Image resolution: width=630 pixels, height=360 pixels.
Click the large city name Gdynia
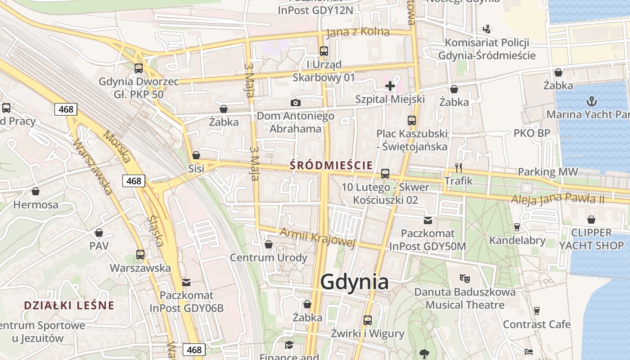click(x=355, y=282)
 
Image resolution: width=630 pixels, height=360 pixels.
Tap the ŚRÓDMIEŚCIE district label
click(x=331, y=165)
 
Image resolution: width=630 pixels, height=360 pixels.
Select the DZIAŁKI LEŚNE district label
click(x=69, y=305)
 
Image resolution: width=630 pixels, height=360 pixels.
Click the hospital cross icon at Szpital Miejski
click(x=390, y=85)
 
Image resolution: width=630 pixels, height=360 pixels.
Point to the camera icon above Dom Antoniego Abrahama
click(x=296, y=103)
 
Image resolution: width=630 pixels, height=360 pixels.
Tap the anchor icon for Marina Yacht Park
click(x=592, y=101)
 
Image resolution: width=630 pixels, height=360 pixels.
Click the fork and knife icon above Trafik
click(x=459, y=168)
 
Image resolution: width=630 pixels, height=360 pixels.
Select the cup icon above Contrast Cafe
click(x=536, y=310)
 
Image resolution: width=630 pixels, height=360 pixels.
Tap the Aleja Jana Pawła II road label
click(x=558, y=197)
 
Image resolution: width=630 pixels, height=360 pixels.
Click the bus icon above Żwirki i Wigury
click(x=368, y=320)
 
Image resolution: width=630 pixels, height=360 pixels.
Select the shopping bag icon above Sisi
click(x=196, y=156)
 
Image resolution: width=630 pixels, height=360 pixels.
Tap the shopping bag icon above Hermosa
click(x=36, y=192)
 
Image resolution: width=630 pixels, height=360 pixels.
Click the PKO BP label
click(x=532, y=133)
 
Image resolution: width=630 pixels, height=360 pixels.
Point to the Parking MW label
click(x=548, y=171)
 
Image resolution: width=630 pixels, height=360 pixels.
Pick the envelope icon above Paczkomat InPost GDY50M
click(x=427, y=220)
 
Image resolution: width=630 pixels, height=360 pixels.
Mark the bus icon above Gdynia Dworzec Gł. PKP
click(x=139, y=68)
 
